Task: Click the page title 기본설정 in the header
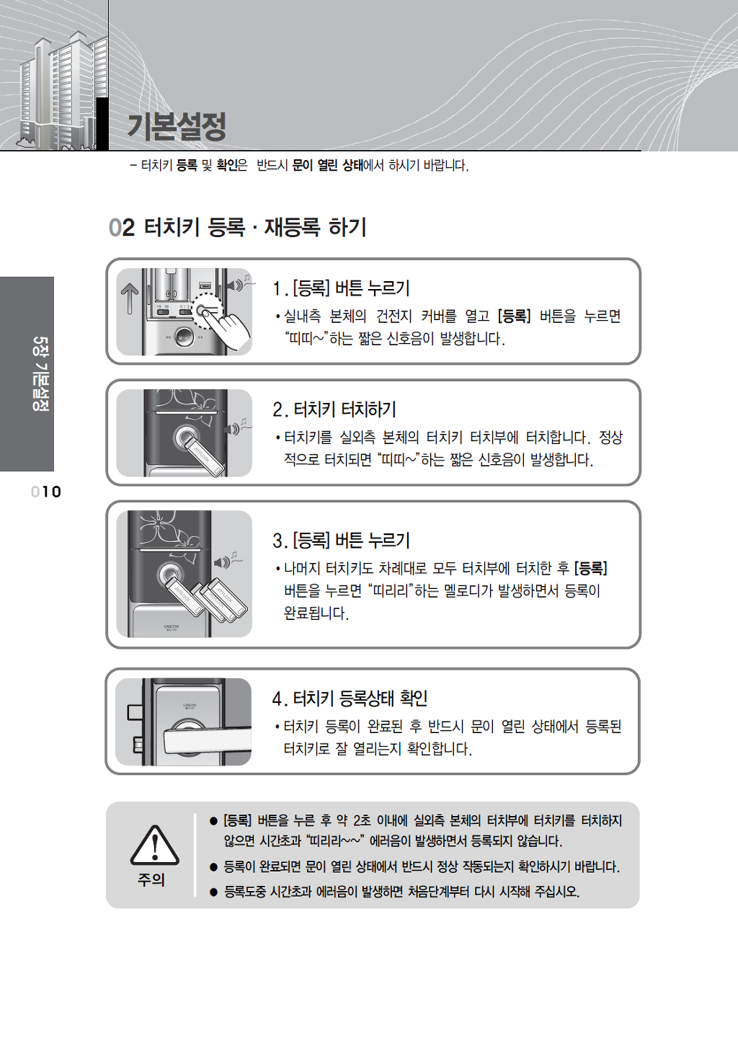click(x=177, y=127)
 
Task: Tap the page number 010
click(x=46, y=492)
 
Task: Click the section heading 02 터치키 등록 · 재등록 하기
click(x=237, y=227)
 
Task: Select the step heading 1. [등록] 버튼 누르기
click(x=342, y=288)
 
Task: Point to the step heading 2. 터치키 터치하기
click(x=334, y=409)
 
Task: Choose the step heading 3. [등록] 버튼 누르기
click(x=342, y=541)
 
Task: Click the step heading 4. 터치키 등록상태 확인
click(x=350, y=698)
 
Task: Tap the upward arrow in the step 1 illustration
click(x=130, y=298)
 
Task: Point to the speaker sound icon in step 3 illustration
click(x=228, y=561)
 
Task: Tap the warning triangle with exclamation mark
click(x=154, y=846)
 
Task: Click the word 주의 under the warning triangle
click(x=151, y=880)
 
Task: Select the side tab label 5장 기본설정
click(x=40, y=373)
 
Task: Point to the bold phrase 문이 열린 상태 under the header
click(x=327, y=165)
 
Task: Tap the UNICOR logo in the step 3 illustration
click(x=171, y=627)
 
